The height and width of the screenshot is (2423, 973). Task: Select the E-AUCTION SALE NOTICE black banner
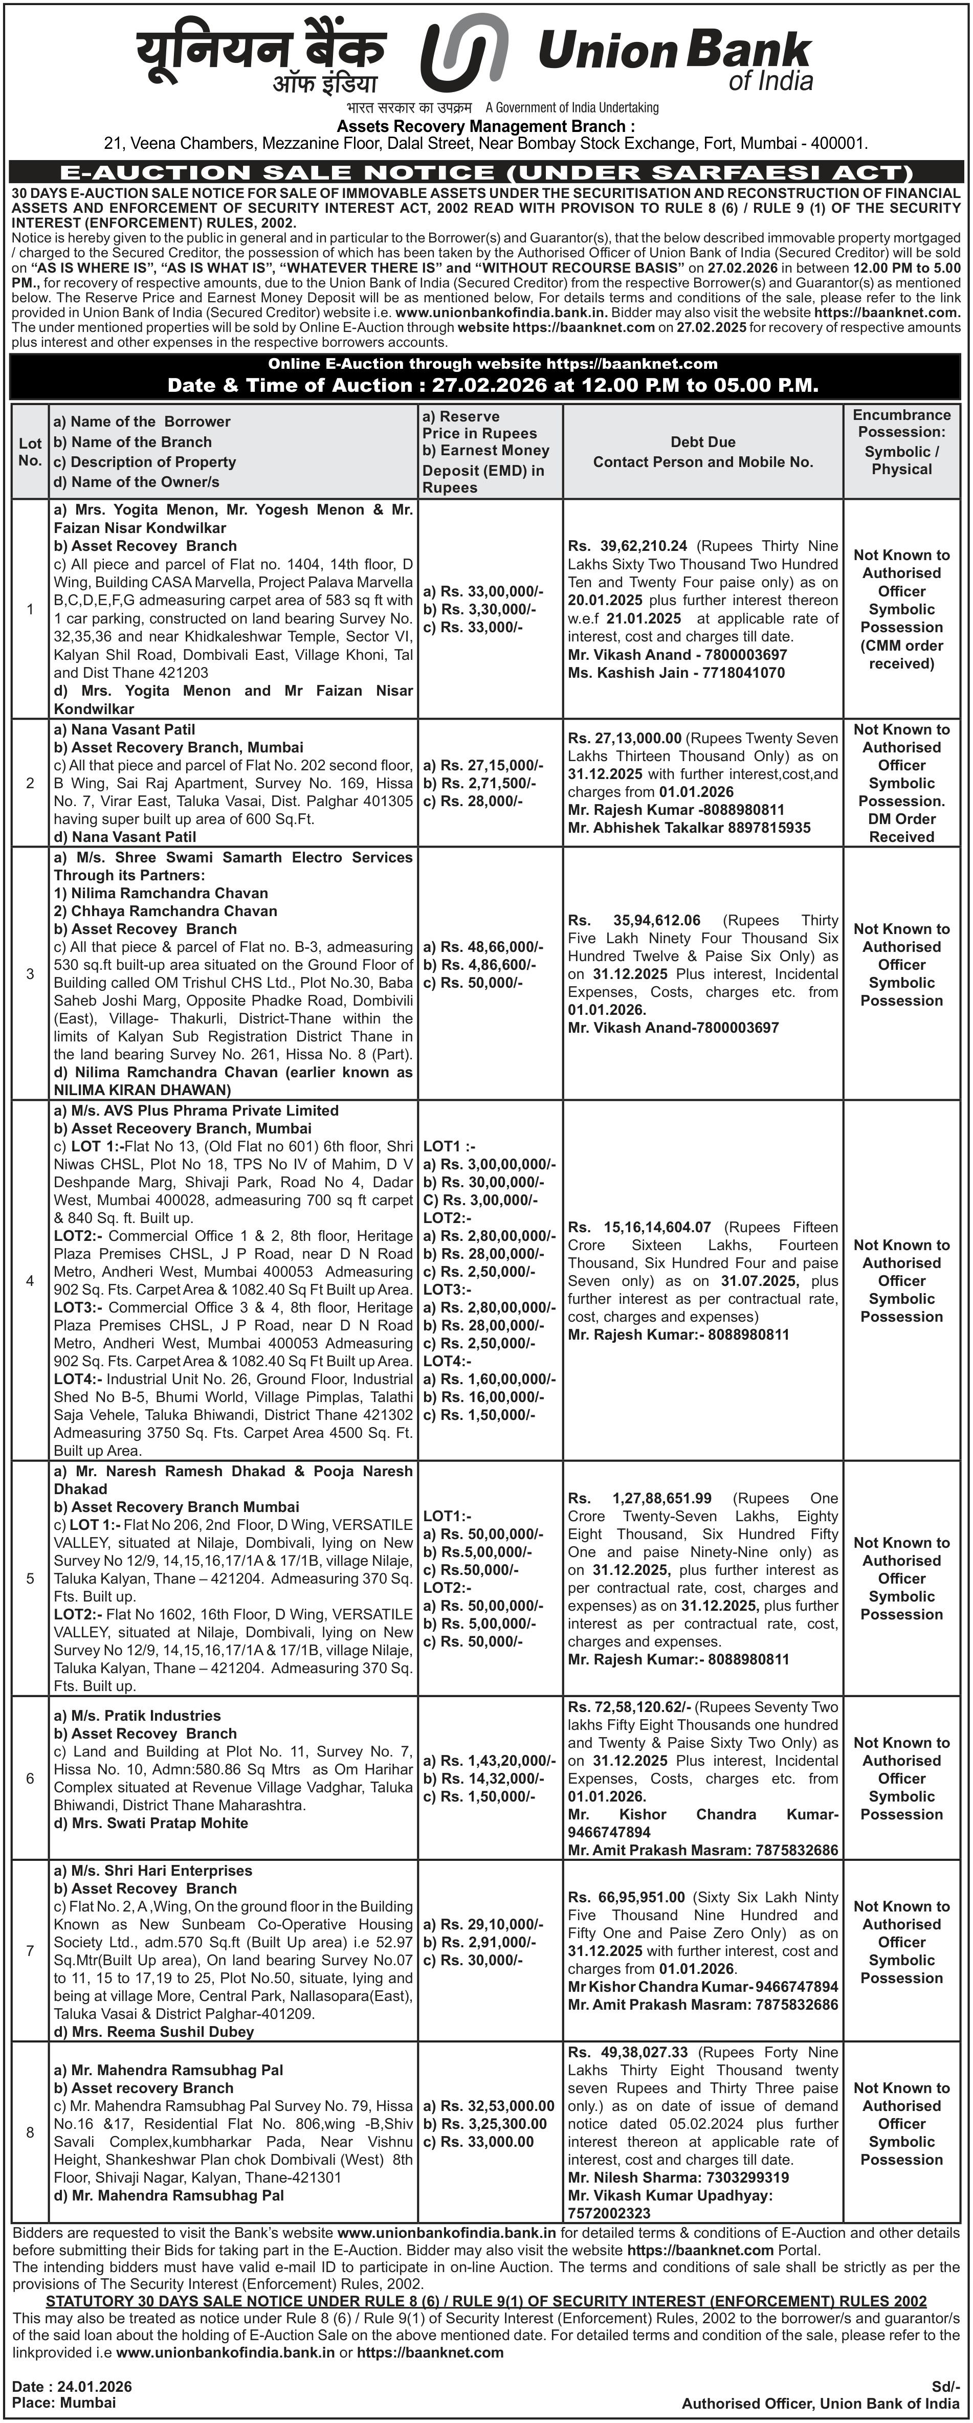tap(487, 172)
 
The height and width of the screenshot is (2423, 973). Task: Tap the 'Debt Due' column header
tap(703, 442)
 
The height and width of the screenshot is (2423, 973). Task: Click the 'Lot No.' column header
tap(30, 452)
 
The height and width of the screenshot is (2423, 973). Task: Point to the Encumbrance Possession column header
tap(901, 442)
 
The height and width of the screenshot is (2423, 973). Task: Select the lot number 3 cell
tap(30, 973)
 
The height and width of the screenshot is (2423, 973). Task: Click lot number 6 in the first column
tap(30, 1778)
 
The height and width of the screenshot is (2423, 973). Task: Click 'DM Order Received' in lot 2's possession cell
tap(901, 828)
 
